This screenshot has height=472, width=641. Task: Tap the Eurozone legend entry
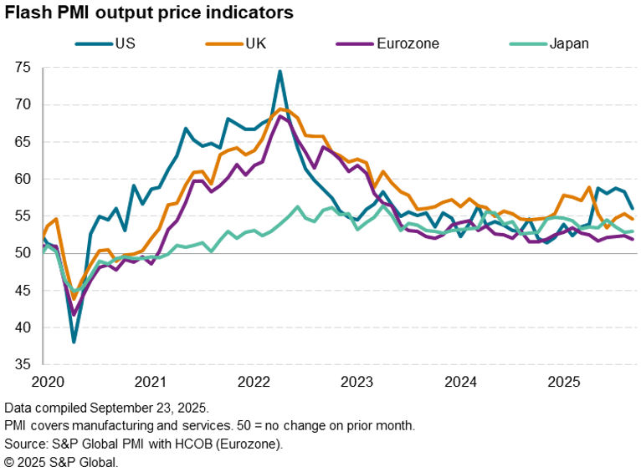pyautogui.click(x=408, y=43)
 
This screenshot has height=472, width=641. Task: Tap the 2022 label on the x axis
pyautogui.click(x=254, y=382)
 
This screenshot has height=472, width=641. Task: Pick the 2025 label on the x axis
pyautogui.click(x=564, y=382)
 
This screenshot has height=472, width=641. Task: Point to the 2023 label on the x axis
pyautogui.click(x=357, y=382)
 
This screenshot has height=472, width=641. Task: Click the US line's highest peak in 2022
pyautogui.click(x=279, y=71)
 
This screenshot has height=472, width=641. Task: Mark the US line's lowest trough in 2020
pyautogui.click(x=74, y=342)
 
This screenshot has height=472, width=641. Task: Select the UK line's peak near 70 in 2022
pyautogui.click(x=279, y=109)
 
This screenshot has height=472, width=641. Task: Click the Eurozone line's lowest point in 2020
pyautogui.click(x=74, y=314)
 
